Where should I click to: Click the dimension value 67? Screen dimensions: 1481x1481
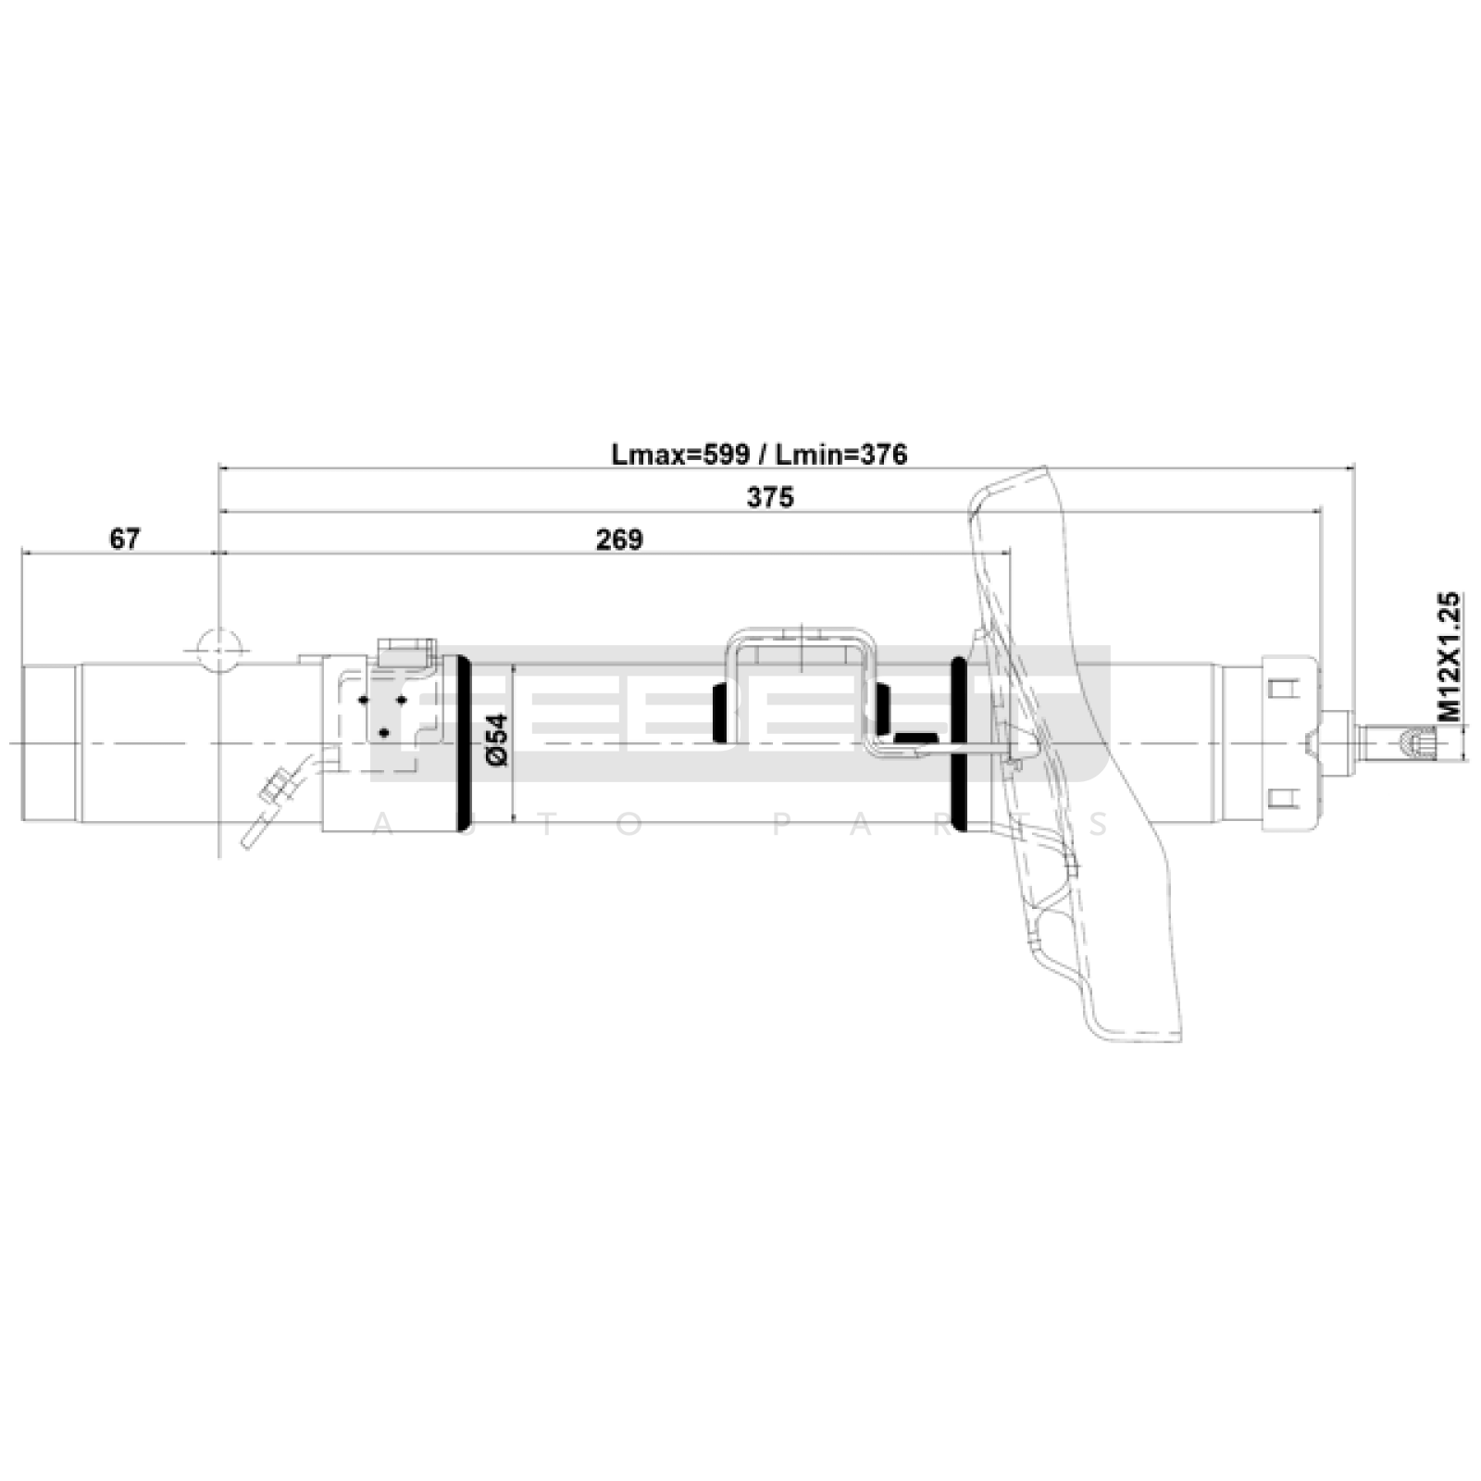click(x=124, y=538)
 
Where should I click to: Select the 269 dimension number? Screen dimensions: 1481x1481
click(x=618, y=539)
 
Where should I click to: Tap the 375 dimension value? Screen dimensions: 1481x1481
click(x=770, y=497)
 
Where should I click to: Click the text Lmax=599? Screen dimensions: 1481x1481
click(x=680, y=454)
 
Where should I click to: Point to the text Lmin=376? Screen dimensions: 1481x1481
click(x=841, y=454)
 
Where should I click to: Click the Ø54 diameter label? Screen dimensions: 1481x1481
click(x=497, y=738)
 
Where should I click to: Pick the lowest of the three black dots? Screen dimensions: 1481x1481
click(x=384, y=733)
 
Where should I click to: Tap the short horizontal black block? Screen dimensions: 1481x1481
click(x=917, y=737)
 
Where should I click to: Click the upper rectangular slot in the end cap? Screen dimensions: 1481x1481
click(x=1280, y=690)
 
